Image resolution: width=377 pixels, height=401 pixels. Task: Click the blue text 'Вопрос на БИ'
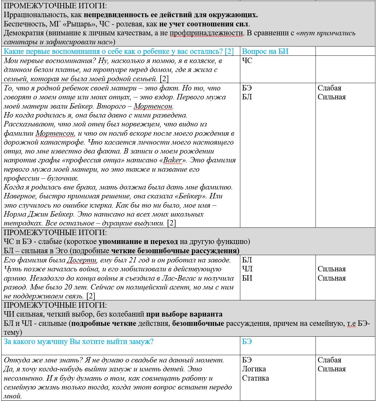click(x=265, y=51)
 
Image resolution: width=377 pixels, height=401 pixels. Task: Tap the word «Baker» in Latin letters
click(x=173, y=160)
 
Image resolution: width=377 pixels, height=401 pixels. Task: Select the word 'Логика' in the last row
click(x=254, y=369)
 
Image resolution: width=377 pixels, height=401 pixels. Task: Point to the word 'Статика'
click(x=255, y=378)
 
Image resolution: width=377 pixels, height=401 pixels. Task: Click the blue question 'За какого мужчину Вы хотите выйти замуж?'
click(x=78, y=341)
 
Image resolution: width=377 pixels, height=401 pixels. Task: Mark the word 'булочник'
click(x=62, y=178)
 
